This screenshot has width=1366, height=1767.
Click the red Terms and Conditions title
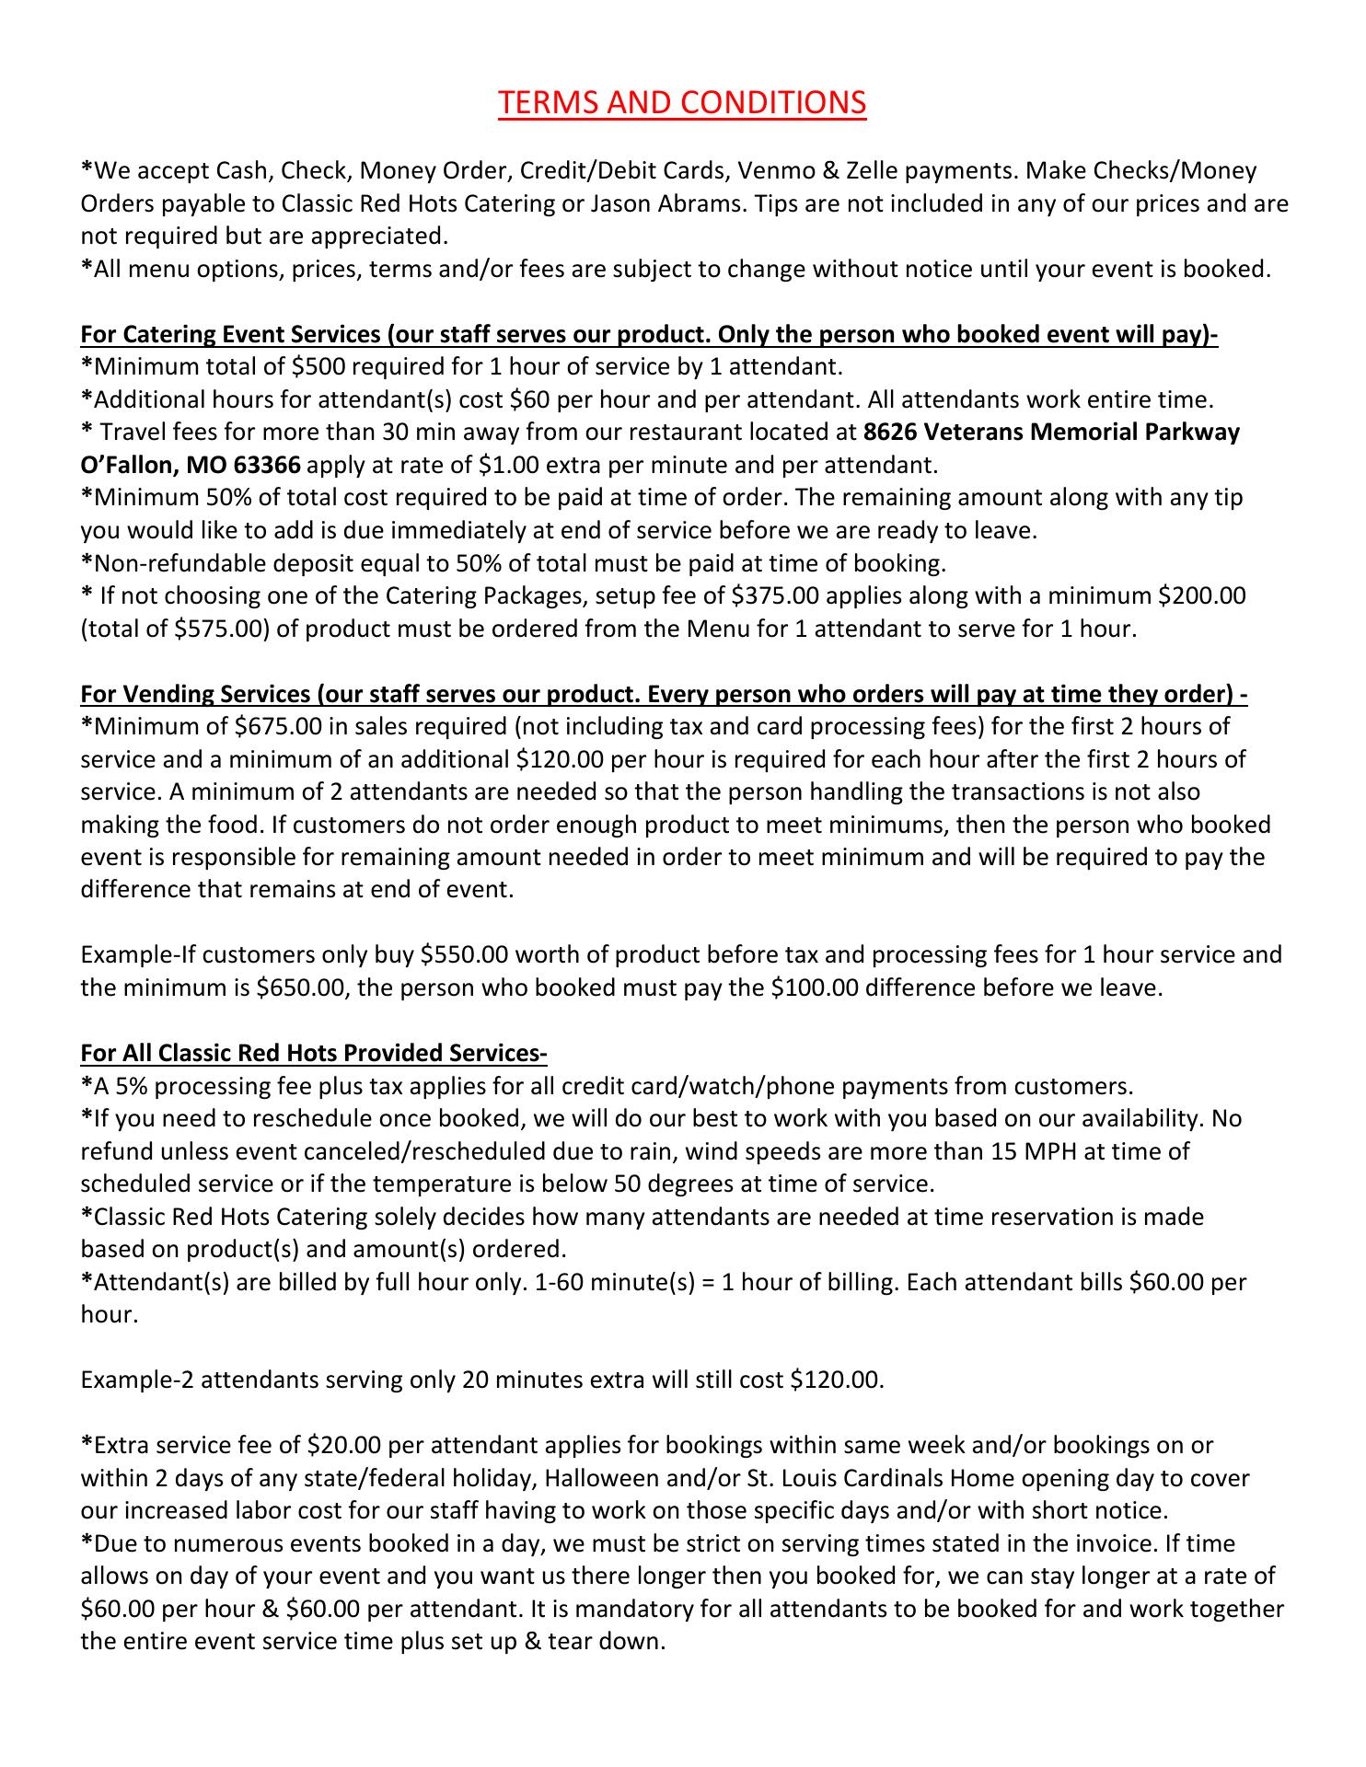pyautogui.click(x=681, y=103)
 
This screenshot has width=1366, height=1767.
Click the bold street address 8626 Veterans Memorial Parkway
pyautogui.click(x=1051, y=432)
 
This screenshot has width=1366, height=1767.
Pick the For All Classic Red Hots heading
pyautogui.click(x=314, y=1052)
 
